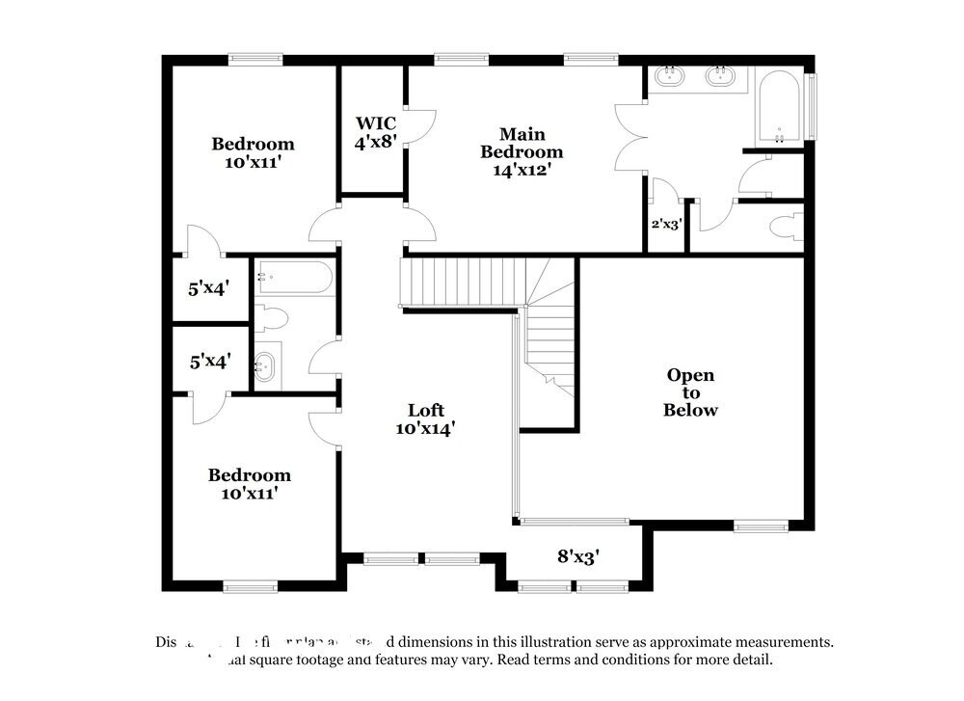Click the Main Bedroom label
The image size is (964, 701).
(522, 151)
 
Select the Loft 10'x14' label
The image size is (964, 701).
(425, 418)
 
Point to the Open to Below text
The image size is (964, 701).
(691, 392)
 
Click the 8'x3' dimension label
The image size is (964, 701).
(578, 555)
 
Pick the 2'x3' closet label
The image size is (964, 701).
(665, 224)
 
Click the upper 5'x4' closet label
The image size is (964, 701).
(208, 287)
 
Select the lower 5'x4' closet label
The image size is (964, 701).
(209, 362)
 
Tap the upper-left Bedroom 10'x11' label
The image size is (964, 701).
(253, 152)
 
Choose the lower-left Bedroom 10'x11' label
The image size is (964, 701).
(250, 484)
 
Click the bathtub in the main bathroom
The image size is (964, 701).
(777, 109)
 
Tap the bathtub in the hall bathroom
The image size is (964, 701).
(295, 278)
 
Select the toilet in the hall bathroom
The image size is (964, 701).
(273, 318)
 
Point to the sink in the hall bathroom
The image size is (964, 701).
(263, 365)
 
